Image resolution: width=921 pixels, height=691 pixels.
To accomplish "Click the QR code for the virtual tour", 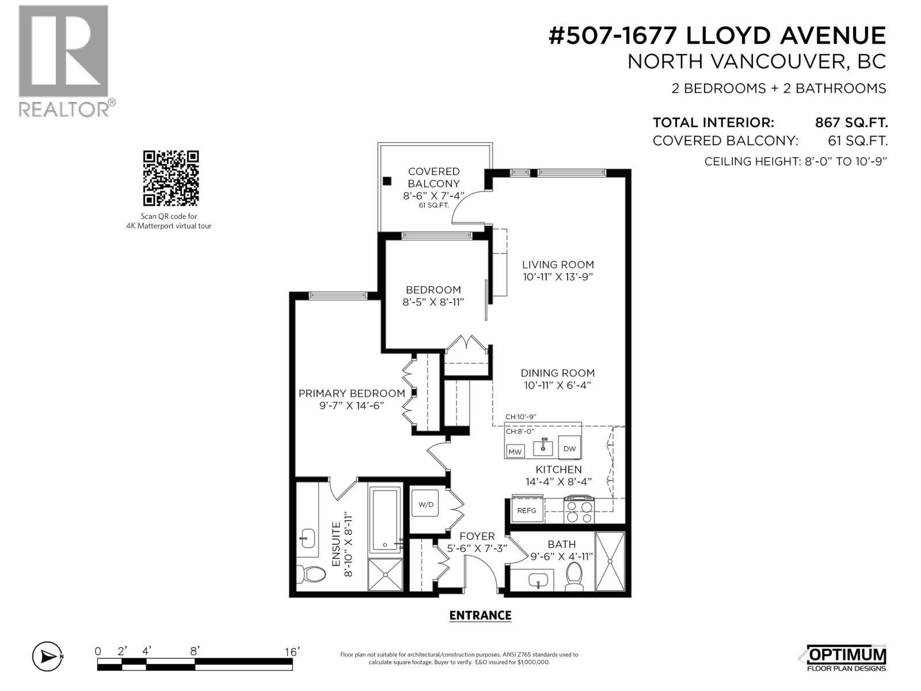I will point(170,178).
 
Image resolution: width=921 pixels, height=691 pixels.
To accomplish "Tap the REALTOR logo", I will point(63,60).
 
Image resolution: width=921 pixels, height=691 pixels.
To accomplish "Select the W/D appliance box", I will point(426,504).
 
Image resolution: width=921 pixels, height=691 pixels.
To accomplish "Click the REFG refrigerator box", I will point(527,510).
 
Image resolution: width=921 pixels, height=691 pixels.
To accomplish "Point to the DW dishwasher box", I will point(569,449).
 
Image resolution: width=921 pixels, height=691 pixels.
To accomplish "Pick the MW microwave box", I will point(515,451).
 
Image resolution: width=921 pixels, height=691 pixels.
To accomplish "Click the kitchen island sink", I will point(542,446).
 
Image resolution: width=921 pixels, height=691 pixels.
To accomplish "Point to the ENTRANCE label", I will point(480,616).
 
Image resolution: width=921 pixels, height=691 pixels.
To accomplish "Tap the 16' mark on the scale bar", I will point(292,652).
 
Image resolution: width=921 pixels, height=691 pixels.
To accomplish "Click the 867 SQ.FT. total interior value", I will point(851,123).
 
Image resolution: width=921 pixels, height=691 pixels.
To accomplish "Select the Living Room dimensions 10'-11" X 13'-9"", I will point(558,276).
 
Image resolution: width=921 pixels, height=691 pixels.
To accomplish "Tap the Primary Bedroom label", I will point(352,393).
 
